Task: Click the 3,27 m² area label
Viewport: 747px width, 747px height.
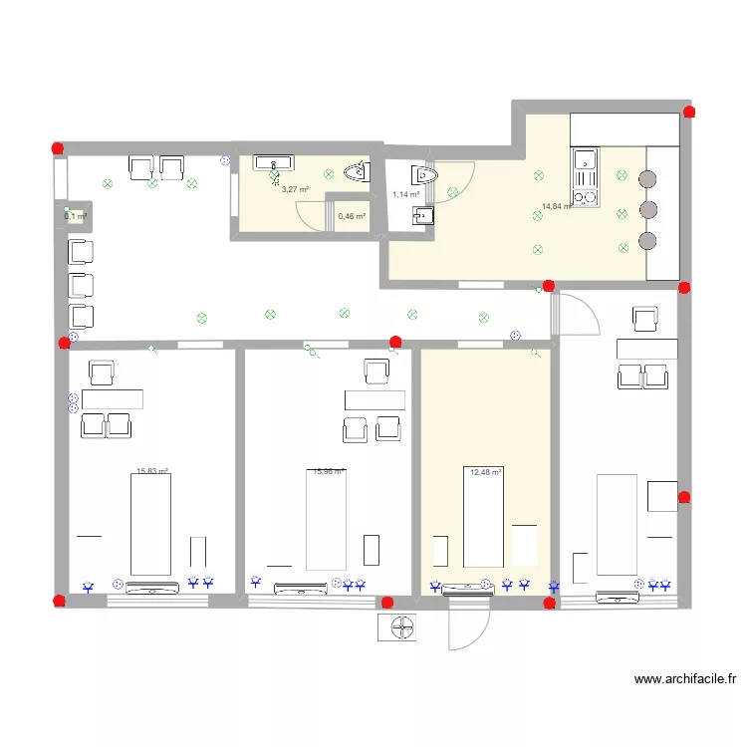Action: coord(294,189)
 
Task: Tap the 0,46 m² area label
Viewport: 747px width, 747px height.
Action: coord(352,216)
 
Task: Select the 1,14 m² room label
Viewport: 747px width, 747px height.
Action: coord(405,195)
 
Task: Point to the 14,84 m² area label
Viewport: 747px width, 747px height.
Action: coord(556,207)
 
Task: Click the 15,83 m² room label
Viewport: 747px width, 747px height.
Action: coord(151,472)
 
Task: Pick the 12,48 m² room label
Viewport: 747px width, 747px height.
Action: coord(485,472)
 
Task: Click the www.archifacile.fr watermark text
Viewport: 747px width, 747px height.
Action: coord(686,680)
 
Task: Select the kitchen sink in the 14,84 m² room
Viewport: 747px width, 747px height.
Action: coord(583,159)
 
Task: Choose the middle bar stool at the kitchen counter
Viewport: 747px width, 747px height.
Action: coord(648,210)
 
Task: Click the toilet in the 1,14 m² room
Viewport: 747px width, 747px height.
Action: coord(425,175)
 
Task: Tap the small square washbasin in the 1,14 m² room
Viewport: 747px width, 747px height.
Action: coord(426,212)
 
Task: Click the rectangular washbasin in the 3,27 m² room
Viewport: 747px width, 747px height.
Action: coord(272,161)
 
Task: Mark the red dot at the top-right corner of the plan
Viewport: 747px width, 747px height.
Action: coord(687,111)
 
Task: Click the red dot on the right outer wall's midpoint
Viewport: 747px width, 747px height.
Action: coord(684,497)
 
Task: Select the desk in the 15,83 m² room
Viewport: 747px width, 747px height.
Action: coord(112,399)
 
